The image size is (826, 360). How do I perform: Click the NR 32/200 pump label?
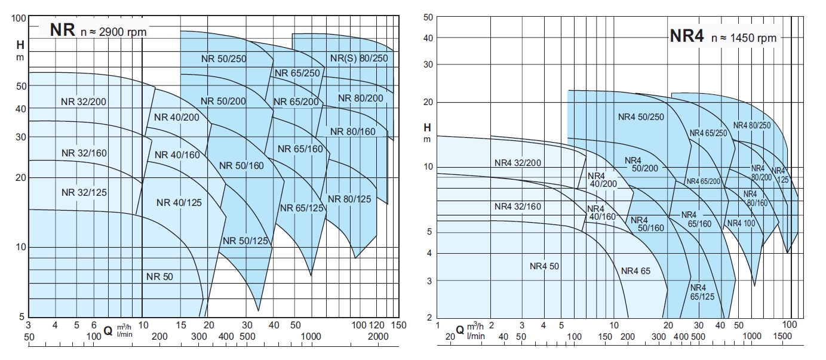[83, 101]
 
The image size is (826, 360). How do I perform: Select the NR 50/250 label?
[223, 59]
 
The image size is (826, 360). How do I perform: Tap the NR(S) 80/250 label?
[359, 58]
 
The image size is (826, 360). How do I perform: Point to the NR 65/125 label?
[302, 208]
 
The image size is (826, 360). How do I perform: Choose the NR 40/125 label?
[179, 202]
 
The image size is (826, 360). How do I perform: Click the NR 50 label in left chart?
[159, 276]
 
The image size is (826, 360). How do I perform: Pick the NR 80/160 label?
[353, 131]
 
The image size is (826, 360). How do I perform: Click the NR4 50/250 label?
[641, 117]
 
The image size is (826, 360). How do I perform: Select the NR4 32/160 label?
[518, 207]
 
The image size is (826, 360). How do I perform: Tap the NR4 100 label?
[741, 223]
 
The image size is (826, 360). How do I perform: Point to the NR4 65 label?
[635, 271]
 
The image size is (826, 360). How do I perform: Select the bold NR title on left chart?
[63, 30]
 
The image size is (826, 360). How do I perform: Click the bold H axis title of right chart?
[426, 127]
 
